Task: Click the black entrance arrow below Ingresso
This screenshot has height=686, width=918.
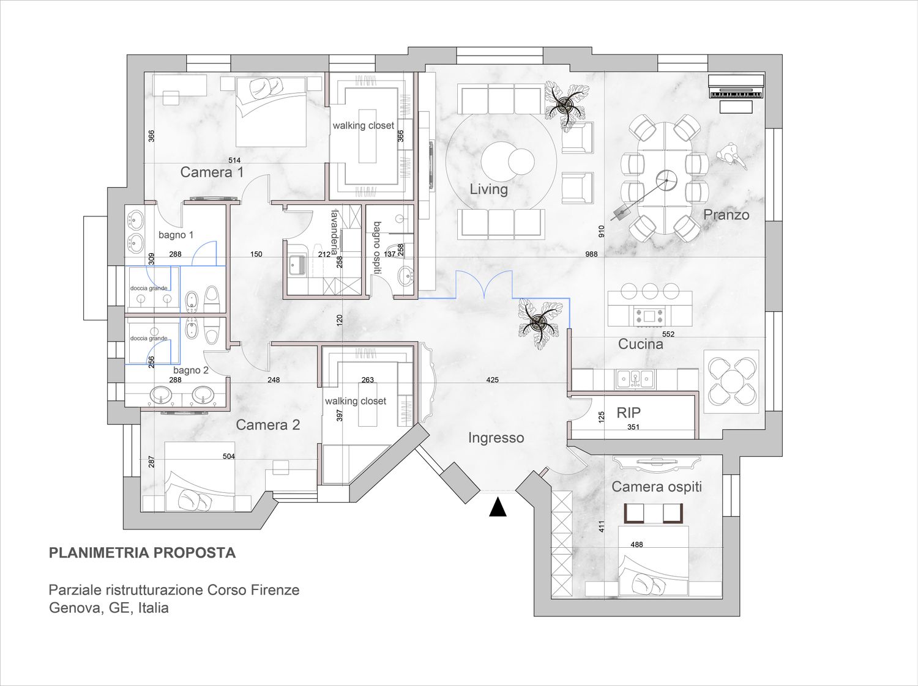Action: tap(498, 507)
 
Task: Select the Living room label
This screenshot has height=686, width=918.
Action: tap(488, 190)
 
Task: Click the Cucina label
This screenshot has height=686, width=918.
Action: tap(641, 344)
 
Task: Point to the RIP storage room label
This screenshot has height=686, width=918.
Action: tap(629, 413)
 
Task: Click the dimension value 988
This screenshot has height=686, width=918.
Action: tap(591, 254)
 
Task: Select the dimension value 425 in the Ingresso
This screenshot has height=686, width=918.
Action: tap(492, 380)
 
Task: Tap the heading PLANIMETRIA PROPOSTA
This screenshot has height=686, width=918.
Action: tap(142, 553)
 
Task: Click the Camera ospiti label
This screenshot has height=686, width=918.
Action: tap(657, 487)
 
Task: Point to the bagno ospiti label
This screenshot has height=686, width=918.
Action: tap(377, 248)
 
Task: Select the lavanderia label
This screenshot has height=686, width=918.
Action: tap(335, 232)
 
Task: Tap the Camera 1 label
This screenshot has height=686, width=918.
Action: tap(212, 172)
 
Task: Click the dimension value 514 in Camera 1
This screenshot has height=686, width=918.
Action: tap(234, 160)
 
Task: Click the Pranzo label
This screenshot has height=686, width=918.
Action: tap(726, 215)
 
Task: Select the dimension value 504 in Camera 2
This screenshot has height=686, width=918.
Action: tap(229, 456)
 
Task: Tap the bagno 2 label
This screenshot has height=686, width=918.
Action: tap(191, 370)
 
